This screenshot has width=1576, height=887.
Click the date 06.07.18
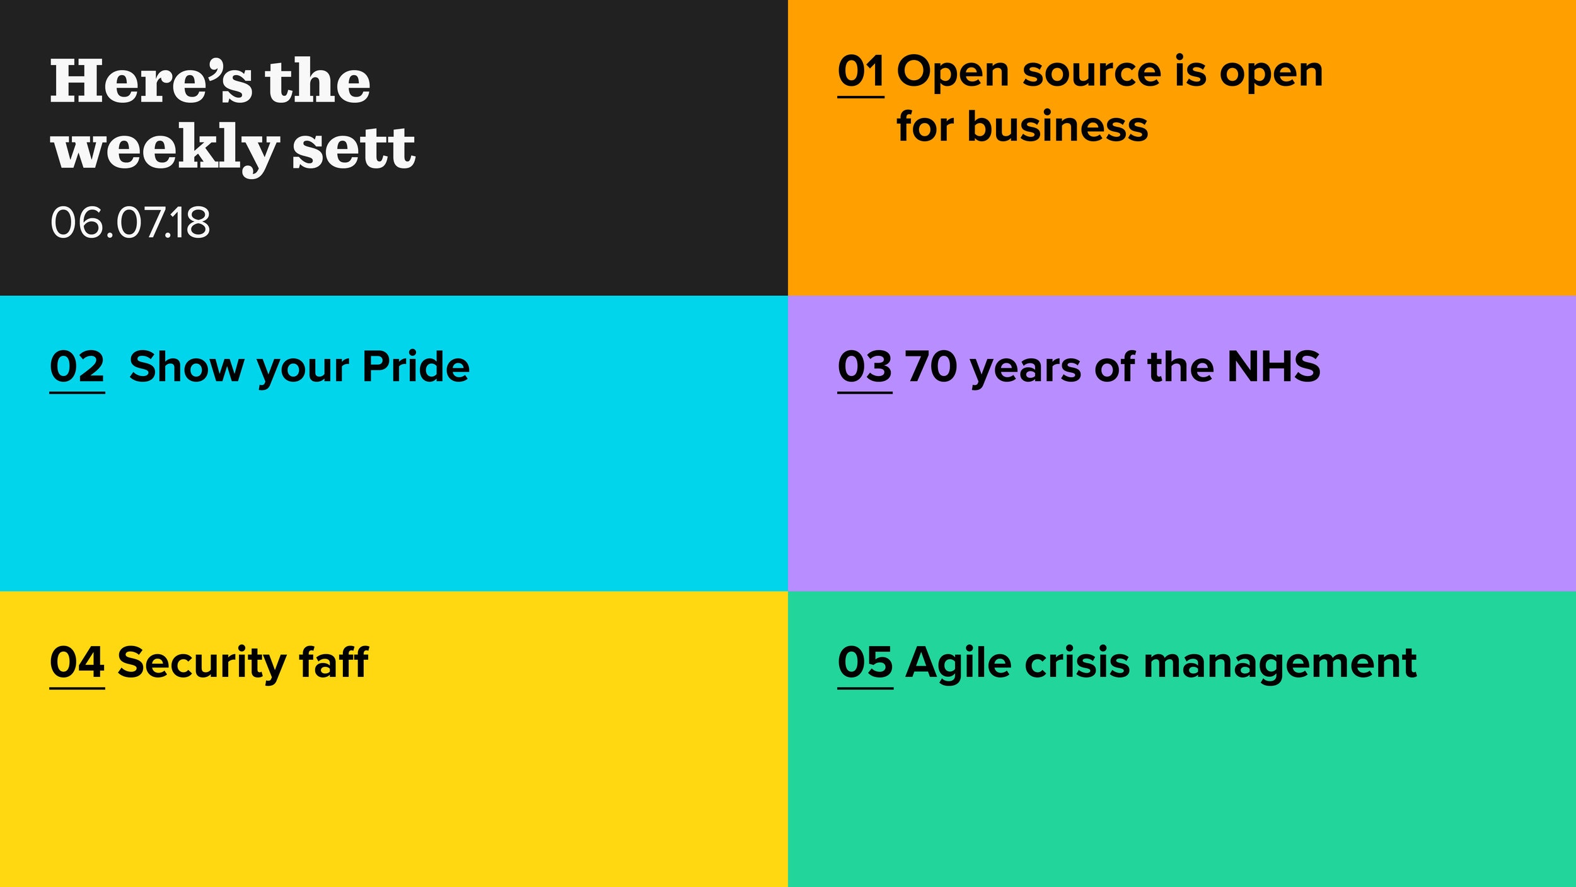click(130, 222)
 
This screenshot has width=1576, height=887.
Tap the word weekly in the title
click(165, 149)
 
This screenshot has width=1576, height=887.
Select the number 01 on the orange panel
click(860, 71)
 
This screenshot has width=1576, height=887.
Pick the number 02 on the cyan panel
click(77, 367)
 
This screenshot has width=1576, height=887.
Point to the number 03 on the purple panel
click(865, 367)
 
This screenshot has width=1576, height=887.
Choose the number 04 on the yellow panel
click(77, 662)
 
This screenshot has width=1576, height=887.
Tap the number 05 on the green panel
click(865, 662)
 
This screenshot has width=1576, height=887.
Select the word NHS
click(1274, 367)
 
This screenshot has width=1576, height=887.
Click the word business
click(1057, 126)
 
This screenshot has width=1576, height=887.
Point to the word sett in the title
click(354, 148)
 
